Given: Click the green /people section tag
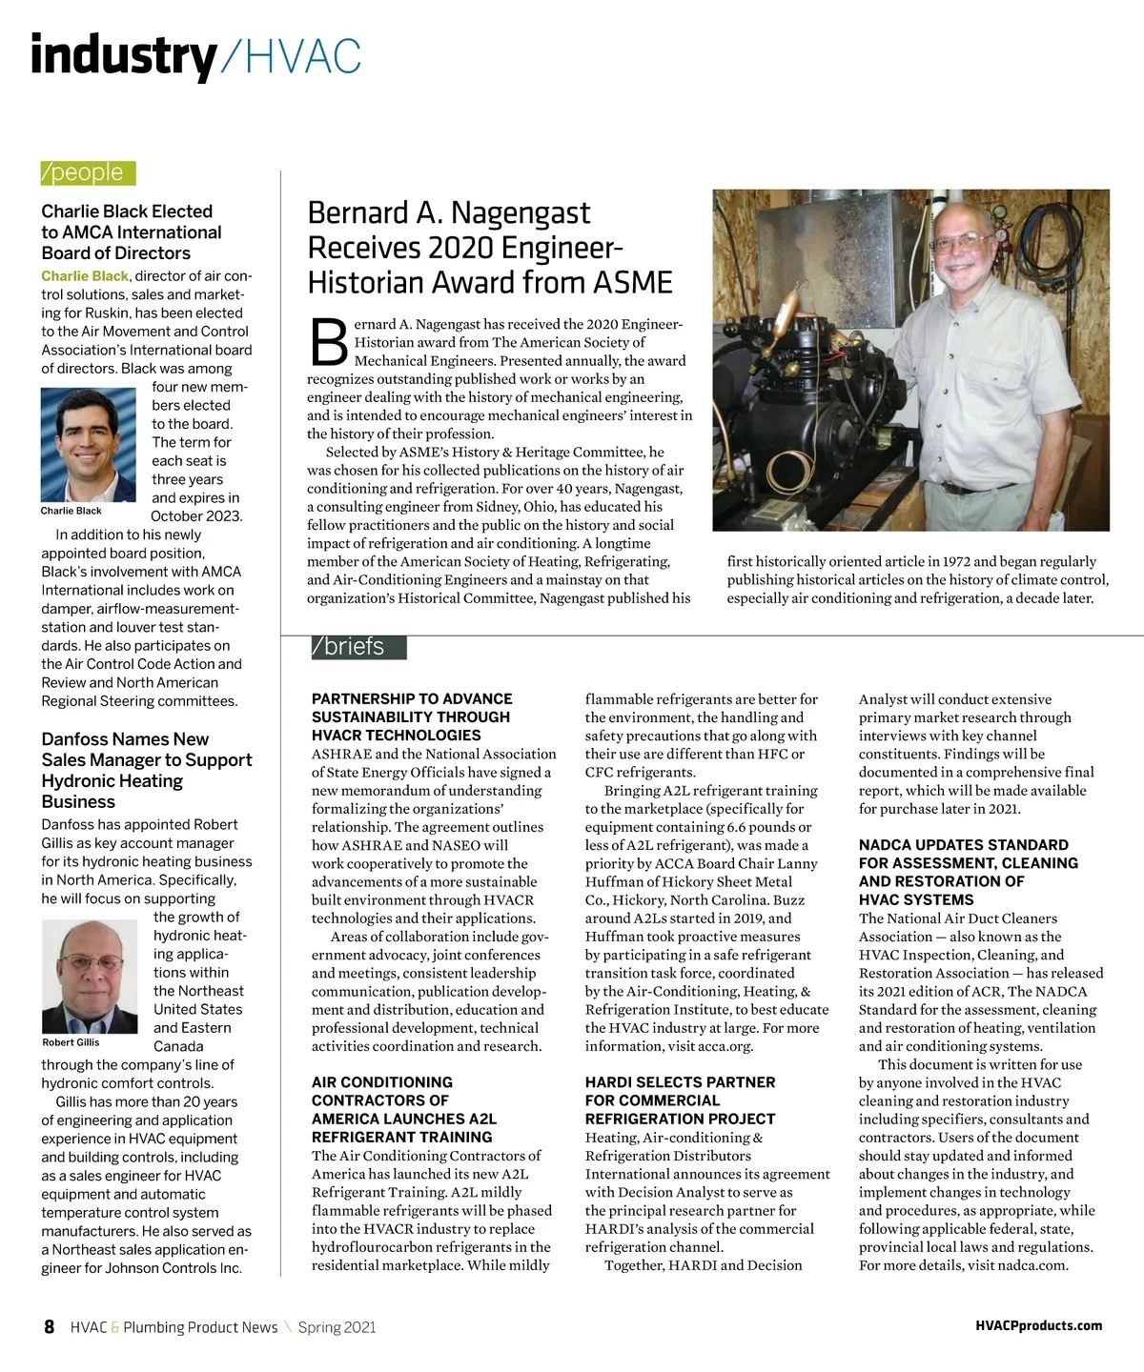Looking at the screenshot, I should coord(88,172).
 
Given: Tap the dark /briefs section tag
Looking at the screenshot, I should coord(357,647).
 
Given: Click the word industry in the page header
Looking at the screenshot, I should coord(123,56).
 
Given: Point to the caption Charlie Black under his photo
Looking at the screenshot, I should coord(71,512).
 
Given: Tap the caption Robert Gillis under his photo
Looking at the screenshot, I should coord(71,1042).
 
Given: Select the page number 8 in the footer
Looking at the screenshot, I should coord(50,1327).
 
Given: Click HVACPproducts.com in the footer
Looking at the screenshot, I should coord(1038,1326).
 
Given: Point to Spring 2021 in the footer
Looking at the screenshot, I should coord(337,1327).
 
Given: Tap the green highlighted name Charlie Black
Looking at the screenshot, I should coord(84,276).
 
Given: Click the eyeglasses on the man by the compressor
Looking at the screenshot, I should coord(964,243).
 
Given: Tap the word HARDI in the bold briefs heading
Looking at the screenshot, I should coord(611,1082).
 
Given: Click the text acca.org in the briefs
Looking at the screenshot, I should coord(724,1046).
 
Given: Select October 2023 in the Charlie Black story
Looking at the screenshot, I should coord(196,516).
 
